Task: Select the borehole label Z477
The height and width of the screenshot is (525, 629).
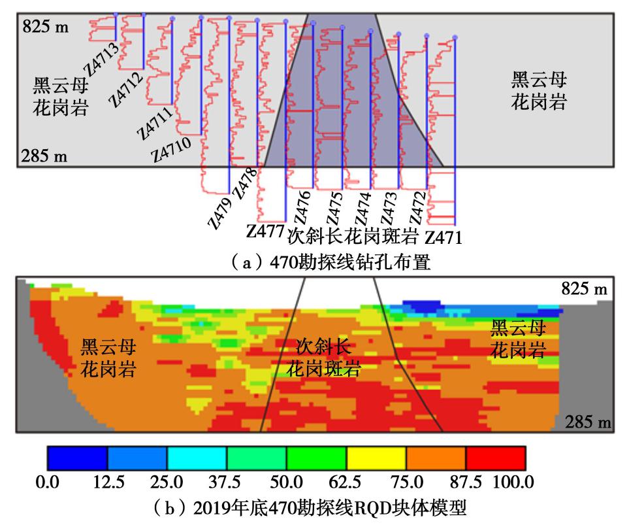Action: (265, 231)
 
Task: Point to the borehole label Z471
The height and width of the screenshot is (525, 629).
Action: (444, 237)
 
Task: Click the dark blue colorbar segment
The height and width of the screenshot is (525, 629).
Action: (76, 458)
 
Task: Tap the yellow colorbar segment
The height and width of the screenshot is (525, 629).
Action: (376, 458)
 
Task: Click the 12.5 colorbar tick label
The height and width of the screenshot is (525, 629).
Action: (108, 483)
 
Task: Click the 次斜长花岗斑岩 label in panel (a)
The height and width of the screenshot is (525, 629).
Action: (353, 234)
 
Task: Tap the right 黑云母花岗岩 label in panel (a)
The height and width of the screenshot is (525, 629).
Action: (539, 92)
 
